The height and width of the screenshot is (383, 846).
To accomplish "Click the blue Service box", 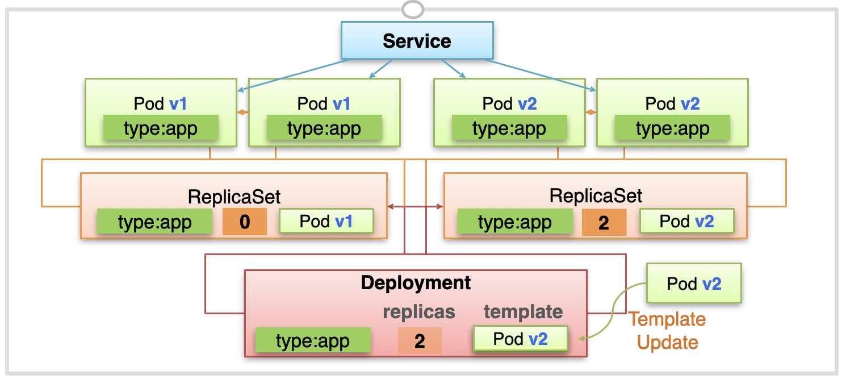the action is click(417, 40).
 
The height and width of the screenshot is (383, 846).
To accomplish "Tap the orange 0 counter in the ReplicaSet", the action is click(245, 222).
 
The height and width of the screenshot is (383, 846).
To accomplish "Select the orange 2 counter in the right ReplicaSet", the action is click(604, 222).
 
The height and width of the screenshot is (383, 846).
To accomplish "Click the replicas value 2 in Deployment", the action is click(420, 340).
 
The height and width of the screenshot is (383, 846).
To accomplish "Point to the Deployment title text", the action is click(416, 282).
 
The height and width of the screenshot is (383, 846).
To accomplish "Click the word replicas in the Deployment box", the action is click(419, 312).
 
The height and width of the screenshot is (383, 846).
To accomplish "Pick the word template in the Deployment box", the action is click(523, 311).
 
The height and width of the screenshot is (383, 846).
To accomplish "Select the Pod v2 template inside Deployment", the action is click(521, 338).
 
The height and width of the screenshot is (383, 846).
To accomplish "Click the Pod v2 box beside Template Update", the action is click(694, 283).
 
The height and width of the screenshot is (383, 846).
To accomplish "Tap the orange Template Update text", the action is click(667, 331).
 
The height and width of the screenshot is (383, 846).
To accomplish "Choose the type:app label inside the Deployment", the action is click(313, 340).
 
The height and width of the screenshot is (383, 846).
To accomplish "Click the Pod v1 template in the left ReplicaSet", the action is click(326, 221).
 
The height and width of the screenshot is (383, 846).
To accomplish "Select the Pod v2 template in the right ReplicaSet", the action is click(686, 221).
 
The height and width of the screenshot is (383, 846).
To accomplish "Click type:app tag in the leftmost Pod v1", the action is click(161, 128).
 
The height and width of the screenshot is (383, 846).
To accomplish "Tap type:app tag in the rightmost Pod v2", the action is click(672, 128).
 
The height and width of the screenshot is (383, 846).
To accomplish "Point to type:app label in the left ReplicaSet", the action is click(155, 221).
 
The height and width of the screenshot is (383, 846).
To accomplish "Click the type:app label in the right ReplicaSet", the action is click(515, 221).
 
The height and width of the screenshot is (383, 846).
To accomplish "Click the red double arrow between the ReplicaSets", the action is click(416, 206).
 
